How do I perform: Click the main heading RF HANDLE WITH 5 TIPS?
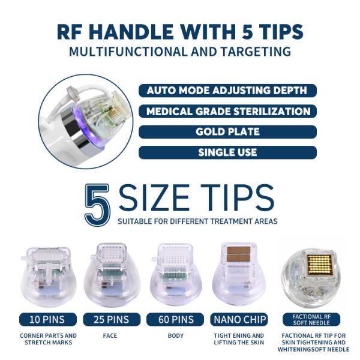tap(180, 31)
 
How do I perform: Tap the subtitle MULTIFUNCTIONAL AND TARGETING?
tap(180, 52)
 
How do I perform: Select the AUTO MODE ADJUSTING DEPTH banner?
tap(227, 91)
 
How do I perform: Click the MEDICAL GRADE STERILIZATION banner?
tap(227, 112)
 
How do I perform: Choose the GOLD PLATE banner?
tap(227, 132)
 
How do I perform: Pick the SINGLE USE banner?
tap(227, 152)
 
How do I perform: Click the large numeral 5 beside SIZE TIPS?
tap(98, 204)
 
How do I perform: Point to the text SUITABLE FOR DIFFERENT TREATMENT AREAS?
tap(197, 221)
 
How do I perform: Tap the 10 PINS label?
tap(48, 319)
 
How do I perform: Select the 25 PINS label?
tap(112, 319)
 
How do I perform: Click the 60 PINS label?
tap(175, 319)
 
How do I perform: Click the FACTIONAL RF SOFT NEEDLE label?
tap(311, 319)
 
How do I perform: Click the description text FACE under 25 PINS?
tap(112, 335)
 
